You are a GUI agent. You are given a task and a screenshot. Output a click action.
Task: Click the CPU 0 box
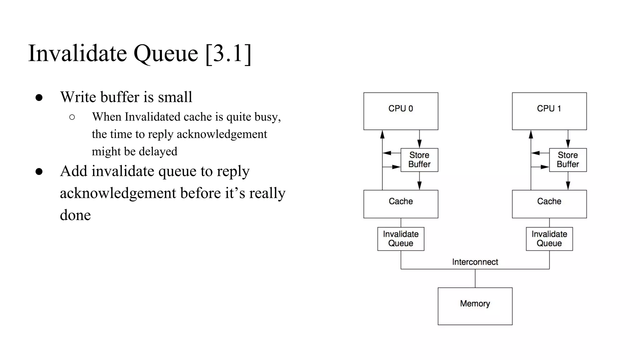tap(401, 111)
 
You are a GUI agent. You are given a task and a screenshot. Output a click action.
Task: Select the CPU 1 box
tap(549, 111)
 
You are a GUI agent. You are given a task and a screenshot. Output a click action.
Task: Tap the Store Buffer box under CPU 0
tap(419, 160)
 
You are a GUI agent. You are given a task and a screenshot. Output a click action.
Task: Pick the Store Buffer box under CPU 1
tap(567, 160)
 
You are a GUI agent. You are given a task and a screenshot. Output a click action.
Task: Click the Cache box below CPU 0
tap(401, 204)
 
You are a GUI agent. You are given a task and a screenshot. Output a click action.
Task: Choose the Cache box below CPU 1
tap(549, 204)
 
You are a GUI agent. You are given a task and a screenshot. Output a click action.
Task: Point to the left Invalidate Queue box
tap(401, 239)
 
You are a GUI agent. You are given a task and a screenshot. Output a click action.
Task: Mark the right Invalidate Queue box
tap(549, 239)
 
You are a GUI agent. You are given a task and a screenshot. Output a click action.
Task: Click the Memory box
tap(475, 306)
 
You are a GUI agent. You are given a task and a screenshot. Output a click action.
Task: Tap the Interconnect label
tap(475, 262)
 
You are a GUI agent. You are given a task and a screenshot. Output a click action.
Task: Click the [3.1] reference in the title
tap(228, 53)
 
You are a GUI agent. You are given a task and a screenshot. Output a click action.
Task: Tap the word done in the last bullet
tap(75, 215)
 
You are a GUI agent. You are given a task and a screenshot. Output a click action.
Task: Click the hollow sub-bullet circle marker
tap(72, 117)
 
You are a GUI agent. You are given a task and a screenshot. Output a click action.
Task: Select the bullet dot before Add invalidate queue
tap(39, 172)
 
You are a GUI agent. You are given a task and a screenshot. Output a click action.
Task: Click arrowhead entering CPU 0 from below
tap(382, 134)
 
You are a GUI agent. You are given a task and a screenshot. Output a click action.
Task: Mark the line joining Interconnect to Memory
tap(475, 278)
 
